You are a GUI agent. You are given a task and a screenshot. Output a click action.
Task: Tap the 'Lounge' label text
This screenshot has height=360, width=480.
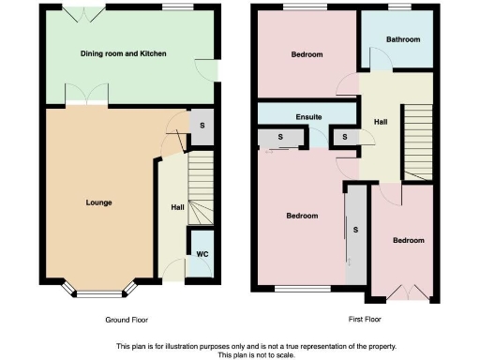[x=98, y=202]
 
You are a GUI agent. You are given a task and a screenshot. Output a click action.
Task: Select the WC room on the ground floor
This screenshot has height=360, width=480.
[x=201, y=254]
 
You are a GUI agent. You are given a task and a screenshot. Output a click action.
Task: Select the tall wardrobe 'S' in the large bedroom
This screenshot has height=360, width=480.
[x=355, y=231]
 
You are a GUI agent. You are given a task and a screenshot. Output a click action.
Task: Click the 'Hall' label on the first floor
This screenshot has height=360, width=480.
[x=381, y=123]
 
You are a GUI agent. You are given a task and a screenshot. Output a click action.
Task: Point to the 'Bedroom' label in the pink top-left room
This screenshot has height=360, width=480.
[x=307, y=55]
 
